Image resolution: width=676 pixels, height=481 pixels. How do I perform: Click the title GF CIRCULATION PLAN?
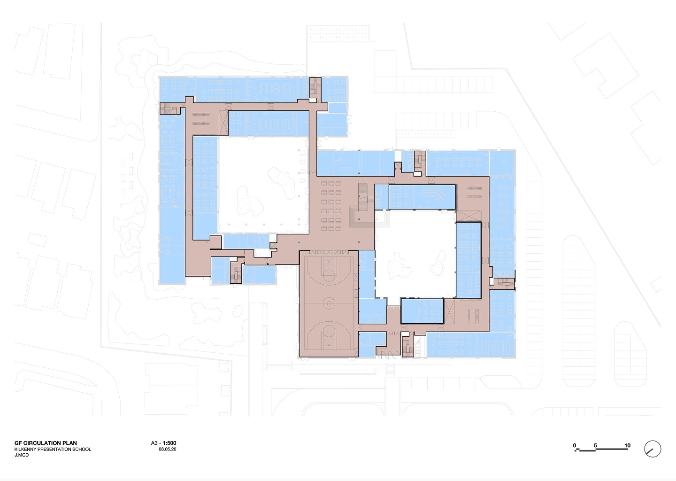pyautogui.click(x=46, y=443)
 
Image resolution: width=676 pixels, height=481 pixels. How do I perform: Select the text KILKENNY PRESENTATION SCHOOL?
pyautogui.click(x=53, y=449)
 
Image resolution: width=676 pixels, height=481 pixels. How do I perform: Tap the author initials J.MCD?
pyautogui.click(x=22, y=455)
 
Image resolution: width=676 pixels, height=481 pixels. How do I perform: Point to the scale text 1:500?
pyautogui.click(x=169, y=443)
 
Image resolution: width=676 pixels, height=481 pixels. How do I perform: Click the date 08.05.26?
pyautogui.click(x=168, y=449)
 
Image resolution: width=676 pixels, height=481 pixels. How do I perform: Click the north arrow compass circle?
pyautogui.click(x=653, y=449)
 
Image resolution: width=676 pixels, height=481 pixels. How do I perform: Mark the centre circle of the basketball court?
pyautogui.click(x=329, y=303)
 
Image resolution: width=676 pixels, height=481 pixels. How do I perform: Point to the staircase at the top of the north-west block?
pyautogui.click(x=315, y=87)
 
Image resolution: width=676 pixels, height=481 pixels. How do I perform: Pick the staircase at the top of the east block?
pyautogui.click(x=420, y=161)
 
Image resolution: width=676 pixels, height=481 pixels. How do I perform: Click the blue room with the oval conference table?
pyautogui.click(x=422, y=197)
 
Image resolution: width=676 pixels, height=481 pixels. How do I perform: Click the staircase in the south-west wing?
pyautogui.click(x=236, y=272)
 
